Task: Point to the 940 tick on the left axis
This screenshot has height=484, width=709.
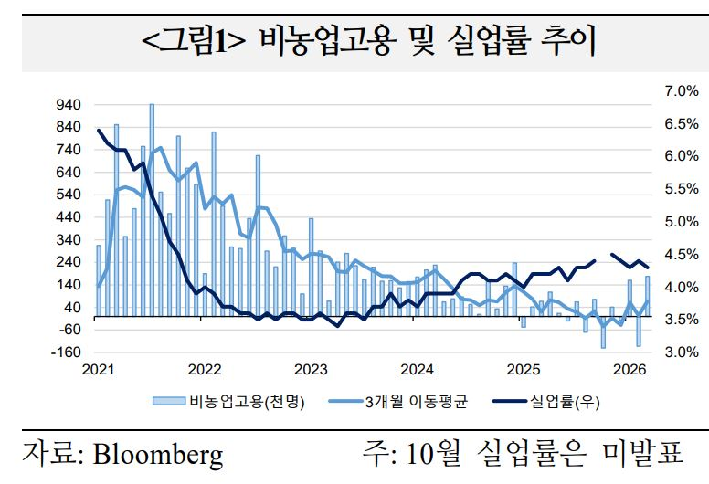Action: click(x=69, y=105)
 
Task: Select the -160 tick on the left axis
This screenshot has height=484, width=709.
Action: click(x=67, y=352)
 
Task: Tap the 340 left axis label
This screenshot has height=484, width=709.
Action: click(x=69, y=240)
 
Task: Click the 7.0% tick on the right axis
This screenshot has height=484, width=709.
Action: click(x=681, y=90)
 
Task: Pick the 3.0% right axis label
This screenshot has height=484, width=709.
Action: click(x=681, y=352)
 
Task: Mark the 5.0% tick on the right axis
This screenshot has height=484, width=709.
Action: click(x=681, y=222)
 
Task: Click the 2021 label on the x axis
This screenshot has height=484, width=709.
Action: click(x=98, y=370)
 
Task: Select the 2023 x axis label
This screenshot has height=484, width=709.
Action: click(x=311, y=370)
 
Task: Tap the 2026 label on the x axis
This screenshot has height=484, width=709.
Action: click(x=630, y=370)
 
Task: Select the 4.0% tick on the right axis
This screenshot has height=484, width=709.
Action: click(x=681, y=288)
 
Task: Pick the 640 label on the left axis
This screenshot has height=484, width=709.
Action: click(x=69, y=173)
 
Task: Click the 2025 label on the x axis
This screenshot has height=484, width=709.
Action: click(x=524, y=370)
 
